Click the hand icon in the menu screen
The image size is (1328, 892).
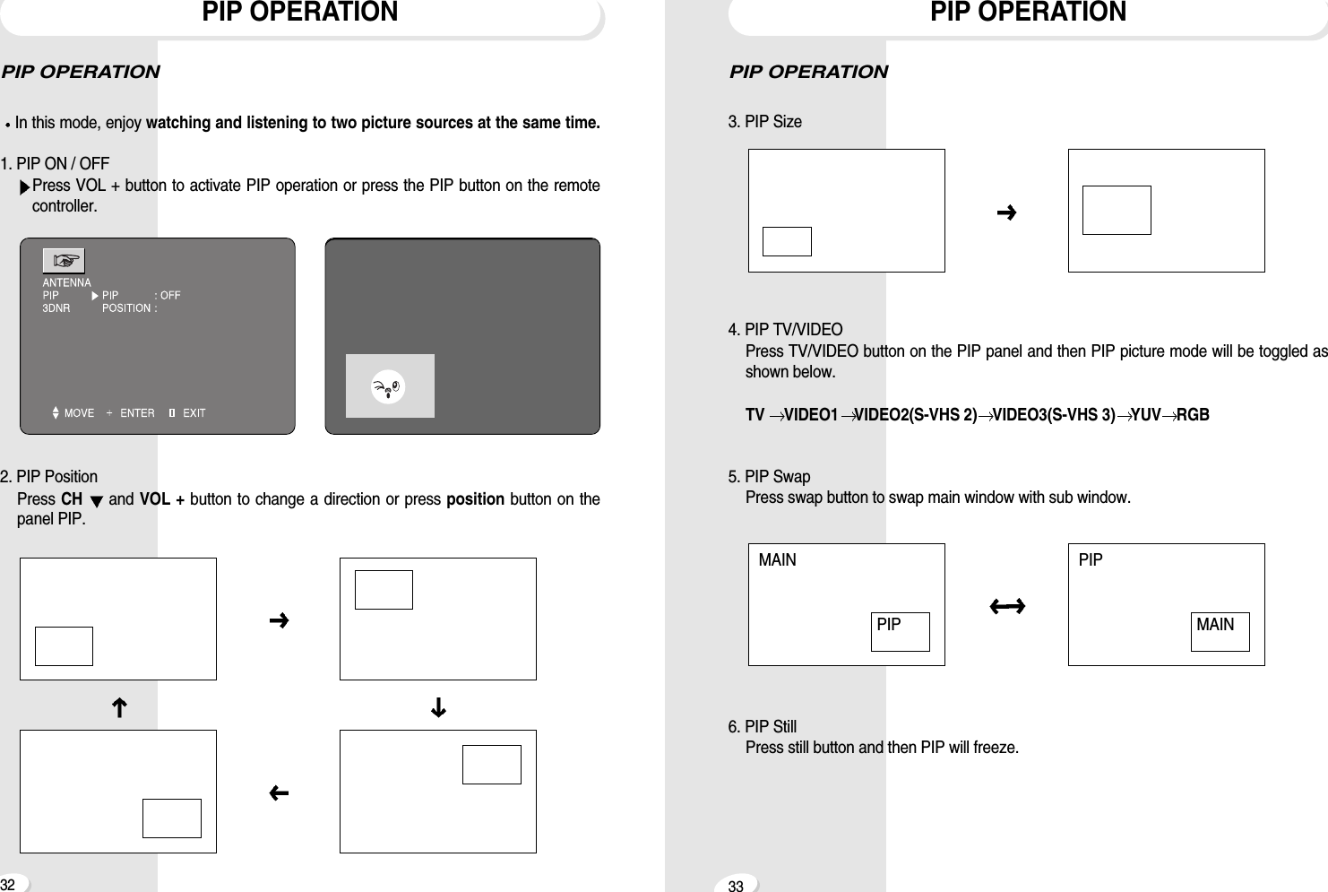pyautogui.click(x=65, y=261)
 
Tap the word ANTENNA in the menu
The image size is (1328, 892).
pyautogui.click(x=67, y=282)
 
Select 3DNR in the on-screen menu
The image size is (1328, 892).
pyautogui.click(x=56, y=308)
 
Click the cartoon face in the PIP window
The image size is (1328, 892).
pyautogui.click(x=389, y=386)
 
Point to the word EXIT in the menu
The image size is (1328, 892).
pyautogui.click(x=194, y=413)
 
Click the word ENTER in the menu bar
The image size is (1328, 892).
pyautogui.click(x=137, y=413)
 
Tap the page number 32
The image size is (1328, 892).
pyautogui.click(x=7, y=884)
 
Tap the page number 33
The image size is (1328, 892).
pyautogui.click(x=736, y=887)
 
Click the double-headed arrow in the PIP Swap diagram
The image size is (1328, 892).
pyautogui.click(x=1007, y=607)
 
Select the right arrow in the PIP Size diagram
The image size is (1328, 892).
pyautogui.click(x=1006, y=212)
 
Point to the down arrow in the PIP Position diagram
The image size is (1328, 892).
pyautogui.click(x=438, y=708)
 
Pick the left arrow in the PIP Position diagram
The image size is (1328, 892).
pyautogui.click(x=279, y=793)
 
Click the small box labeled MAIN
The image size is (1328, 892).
pyautogui.click(x=1220, y=631)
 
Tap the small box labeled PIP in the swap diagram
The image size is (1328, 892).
pyautogui.click(x=900, y=631)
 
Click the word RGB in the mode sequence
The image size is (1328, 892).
pyautogui.click(x=1193, y=415)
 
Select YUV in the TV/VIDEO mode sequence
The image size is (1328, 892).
pyautogui.click(x=1145, y=415)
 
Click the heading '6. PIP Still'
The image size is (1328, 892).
pyautogui.click(x=762, y=726)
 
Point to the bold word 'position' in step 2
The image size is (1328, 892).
pyautogui.click(x=475, y=499)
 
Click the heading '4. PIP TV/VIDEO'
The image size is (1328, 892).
pyautogui.click(x=785, y=329)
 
